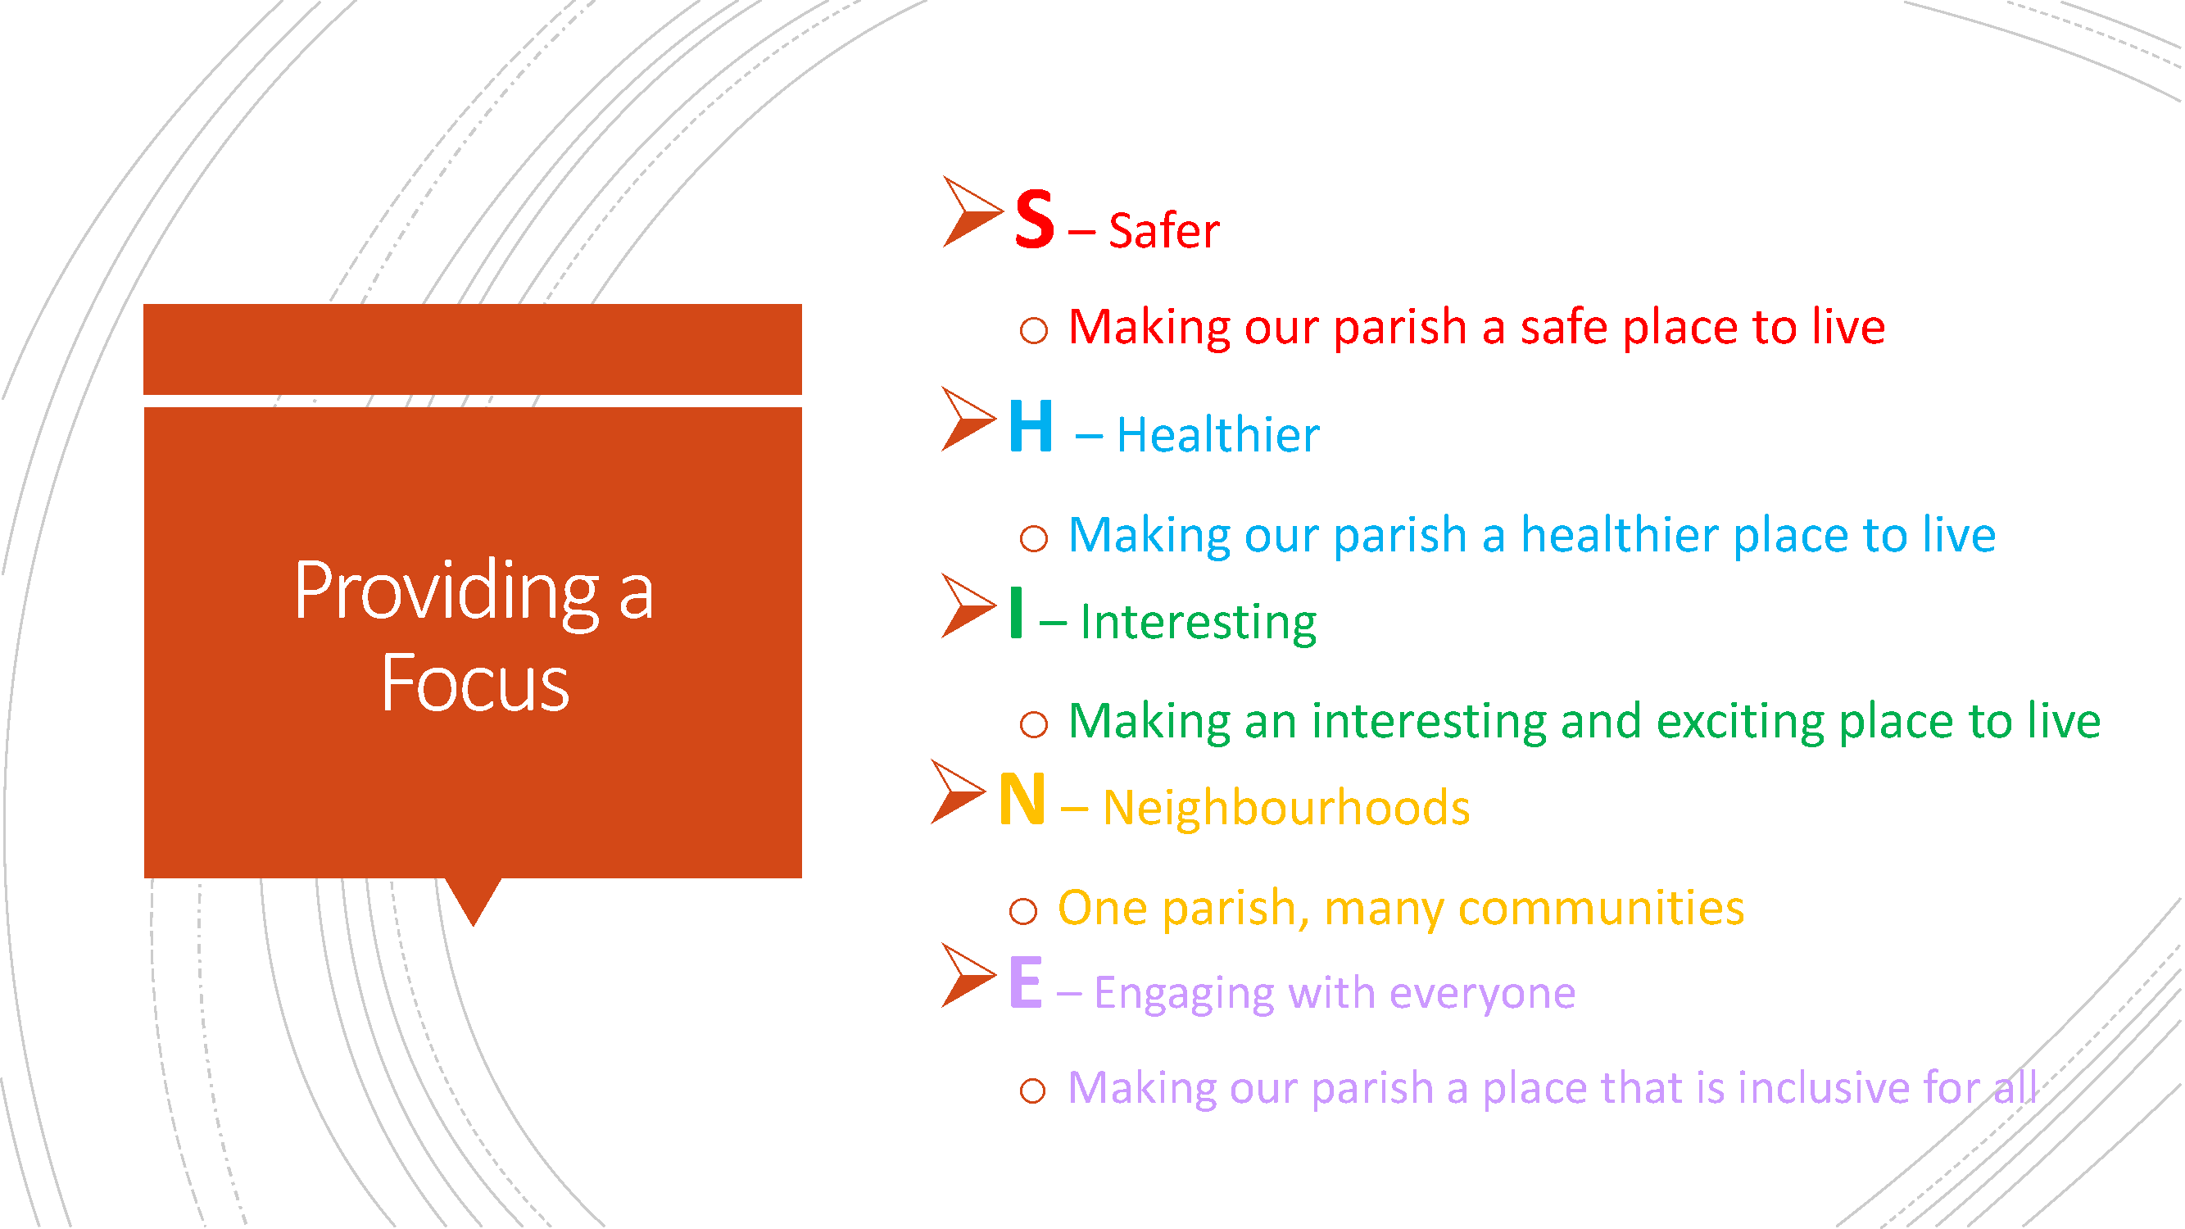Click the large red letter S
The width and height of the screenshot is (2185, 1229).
[x=1035, y=219]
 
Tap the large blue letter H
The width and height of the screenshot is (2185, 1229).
[x=1031, y=426]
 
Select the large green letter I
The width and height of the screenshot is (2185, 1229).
[x=1016, y=611]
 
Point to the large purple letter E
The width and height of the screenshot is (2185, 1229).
[x=1026, y=982]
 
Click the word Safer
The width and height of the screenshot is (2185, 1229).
[x=1163, y=231]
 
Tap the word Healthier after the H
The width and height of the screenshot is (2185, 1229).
[x=1218, y=435]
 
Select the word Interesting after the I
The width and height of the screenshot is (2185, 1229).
[x=1198, y=623]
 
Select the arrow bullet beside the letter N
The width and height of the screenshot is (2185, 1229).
[x=959, y=791]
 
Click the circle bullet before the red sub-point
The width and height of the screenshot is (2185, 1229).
[x=1033, y=330]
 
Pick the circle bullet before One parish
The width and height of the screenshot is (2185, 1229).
[x=1023, y=911]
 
